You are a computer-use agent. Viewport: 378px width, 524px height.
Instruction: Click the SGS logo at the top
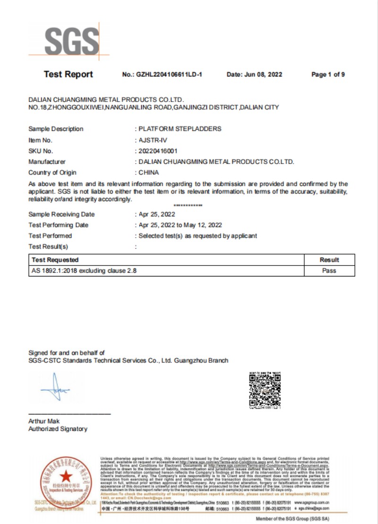(72, 41)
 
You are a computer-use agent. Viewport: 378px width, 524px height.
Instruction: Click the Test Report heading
(68, 74)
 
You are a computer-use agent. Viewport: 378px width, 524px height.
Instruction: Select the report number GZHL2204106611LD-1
(168, 75)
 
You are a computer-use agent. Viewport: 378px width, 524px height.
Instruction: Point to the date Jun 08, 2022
(266, 75)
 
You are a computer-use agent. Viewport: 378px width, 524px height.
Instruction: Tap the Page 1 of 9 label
(328, 75)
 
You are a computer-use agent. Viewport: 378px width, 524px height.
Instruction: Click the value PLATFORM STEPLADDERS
(180, 129)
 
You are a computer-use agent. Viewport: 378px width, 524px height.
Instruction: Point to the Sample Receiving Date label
(61, 215)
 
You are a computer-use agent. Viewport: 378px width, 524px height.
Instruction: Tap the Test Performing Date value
(180, 225)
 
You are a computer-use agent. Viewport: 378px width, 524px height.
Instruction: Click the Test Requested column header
(55, 260)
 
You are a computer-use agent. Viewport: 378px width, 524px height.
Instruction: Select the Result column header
(329, 260)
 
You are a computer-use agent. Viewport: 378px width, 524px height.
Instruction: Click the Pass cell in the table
(329, 271)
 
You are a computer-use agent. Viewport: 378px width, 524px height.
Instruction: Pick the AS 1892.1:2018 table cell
(85, 271)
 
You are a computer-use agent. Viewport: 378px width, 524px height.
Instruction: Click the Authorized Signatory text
(58, 429)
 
